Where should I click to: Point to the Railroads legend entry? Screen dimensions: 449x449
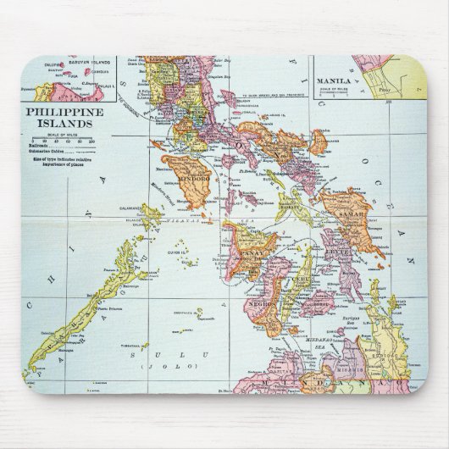pos(42,147)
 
